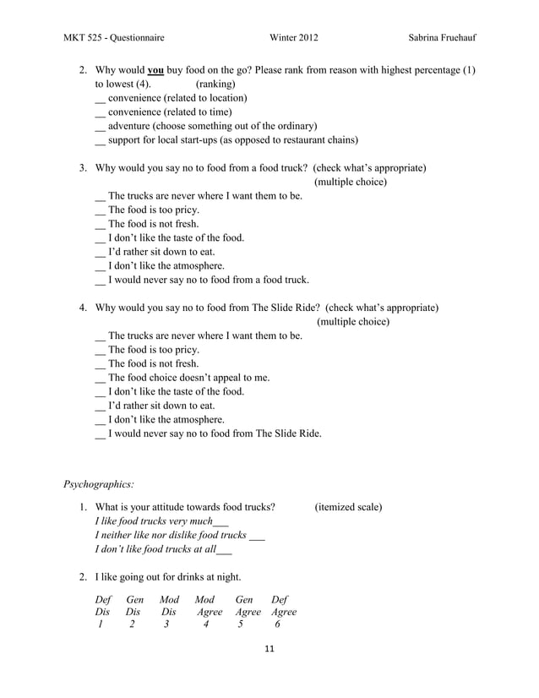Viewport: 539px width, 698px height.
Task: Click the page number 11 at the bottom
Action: (270, 650)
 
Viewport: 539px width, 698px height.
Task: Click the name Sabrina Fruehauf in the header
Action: (440, 38)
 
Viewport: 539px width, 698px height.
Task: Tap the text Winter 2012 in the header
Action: (294, 38)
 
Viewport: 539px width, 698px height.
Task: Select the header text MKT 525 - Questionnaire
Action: (114, 38)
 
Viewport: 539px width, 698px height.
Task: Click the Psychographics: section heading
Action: (99, 484)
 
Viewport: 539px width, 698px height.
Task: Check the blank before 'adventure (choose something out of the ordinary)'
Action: (101, 127)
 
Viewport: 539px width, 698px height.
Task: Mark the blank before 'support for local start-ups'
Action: (101, 141)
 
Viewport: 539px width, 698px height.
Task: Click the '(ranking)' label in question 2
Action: (215, 85)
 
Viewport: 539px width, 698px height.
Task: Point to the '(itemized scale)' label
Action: (348, 507)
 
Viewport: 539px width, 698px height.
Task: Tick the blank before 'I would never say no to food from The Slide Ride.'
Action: (101, 434)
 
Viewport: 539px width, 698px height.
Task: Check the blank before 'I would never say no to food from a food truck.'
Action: (101, 281)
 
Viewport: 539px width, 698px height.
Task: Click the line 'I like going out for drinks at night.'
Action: (168, 577)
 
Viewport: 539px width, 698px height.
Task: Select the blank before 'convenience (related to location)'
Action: (101, 99)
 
